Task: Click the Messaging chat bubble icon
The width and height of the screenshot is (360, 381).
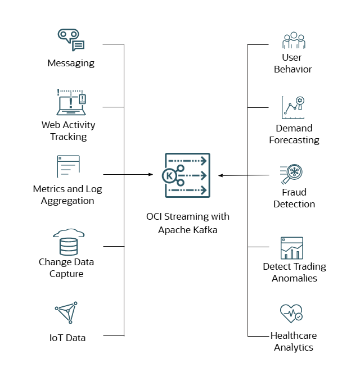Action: [71, 40]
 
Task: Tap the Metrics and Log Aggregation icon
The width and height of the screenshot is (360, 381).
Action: [68, 167]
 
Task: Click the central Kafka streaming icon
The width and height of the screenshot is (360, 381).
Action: [187, 175]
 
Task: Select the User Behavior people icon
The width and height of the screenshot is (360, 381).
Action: [293, 41]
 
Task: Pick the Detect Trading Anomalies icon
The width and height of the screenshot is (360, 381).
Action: [292, 248]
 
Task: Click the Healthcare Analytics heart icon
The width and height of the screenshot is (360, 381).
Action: [291, 314]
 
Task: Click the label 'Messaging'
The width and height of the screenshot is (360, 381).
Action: [71, 63]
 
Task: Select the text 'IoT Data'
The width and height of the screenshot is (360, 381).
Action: [67, 338]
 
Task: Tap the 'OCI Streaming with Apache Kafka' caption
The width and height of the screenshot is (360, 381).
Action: [187, 223]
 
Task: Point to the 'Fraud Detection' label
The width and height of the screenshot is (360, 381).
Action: [294, 198]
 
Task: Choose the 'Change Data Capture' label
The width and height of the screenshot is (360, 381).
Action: [66, 268]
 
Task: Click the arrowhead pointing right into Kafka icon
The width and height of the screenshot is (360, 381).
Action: [151, 175]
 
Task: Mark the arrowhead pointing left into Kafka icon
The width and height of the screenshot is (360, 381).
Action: [221, 176]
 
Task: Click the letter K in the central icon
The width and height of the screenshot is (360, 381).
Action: [169, 176]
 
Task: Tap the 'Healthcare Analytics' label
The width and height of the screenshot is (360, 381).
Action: [294, 342]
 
